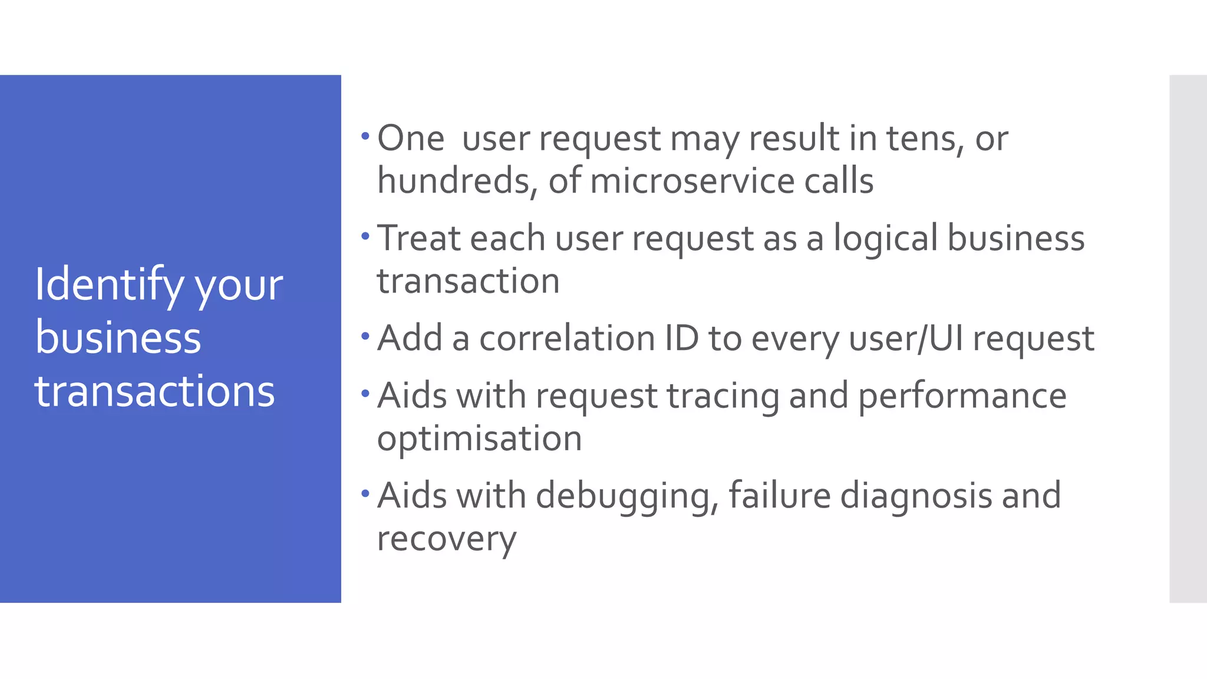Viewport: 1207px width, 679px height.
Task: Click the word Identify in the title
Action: (x=110, y=285)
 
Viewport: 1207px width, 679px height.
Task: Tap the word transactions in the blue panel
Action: (x=155, y=391)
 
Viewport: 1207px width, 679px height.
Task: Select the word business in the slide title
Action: (x=118, y=338)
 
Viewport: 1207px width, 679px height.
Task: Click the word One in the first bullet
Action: (x=411, y=139)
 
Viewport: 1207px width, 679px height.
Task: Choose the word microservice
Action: (x=692, y=180)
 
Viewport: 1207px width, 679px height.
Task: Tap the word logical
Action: (x=885, y=239)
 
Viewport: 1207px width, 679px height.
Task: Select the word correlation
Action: (x=567, y=338)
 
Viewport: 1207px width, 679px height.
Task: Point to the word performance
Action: (x=962, y=396)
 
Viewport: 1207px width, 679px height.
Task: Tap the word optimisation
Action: (x=479, y=439)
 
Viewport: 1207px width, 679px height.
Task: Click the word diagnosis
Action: (x=916, y=496)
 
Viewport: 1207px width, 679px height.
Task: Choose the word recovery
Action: (x=446, y=539)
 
